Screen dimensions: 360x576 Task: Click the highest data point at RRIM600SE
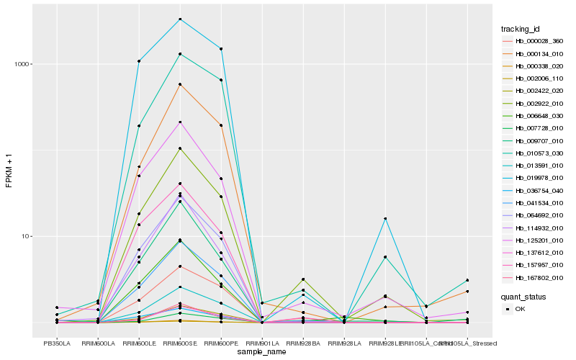180,19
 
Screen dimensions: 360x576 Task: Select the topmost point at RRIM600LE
139,61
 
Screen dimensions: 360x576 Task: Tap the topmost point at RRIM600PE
221,49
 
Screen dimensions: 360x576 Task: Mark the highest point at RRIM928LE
385,219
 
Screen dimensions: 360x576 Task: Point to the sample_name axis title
262,352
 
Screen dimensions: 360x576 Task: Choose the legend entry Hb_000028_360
539,41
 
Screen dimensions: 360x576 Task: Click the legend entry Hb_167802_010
539,278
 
